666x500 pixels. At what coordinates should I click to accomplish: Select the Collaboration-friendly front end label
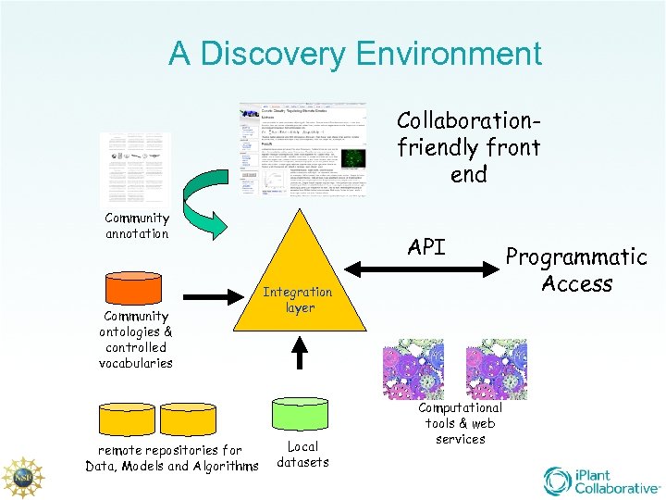pos(468,147)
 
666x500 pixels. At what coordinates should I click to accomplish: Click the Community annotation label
pos(137,226)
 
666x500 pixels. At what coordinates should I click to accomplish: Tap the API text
pos(426,247)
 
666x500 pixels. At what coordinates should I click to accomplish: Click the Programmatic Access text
pos(576,269)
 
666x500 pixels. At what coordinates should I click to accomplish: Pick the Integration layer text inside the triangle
pos(299,300)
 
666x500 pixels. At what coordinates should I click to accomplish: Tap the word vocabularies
pos(136,363)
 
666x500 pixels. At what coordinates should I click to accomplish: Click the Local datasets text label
pos(302,454)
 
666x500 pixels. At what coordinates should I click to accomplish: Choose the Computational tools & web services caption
pos(460,423)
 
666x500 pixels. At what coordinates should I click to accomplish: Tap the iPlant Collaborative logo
pos(600,480)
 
